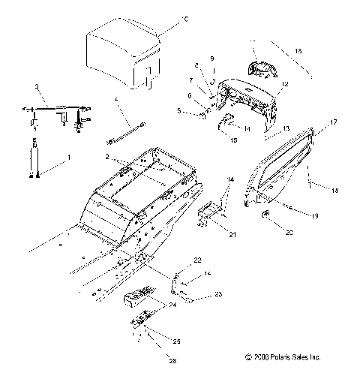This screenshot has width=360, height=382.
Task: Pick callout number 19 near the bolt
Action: tap(314, 216)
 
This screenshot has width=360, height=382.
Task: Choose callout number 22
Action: tap(197, 260)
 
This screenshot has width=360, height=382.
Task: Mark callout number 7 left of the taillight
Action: tap(190, 80)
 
